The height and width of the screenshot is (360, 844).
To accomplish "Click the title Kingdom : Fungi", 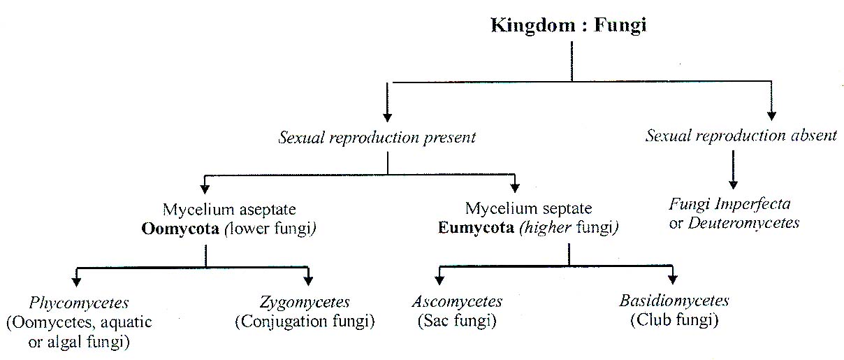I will (x=569, y=26).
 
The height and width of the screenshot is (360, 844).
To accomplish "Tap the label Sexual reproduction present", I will (x=377, y=137).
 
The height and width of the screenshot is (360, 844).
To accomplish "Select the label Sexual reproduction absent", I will (x=741, y=136).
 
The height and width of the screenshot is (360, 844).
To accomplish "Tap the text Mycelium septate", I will (x=528, y=208).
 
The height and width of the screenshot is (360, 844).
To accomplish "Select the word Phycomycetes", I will (x=79, y=303).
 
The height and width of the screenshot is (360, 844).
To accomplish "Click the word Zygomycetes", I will (x=305, y=303).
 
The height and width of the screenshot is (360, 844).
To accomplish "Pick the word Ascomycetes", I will (x=457, y=302).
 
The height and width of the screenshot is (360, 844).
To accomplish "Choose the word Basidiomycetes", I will (x=674, y=301).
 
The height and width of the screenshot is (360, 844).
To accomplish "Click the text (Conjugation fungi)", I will (x=305, y=322).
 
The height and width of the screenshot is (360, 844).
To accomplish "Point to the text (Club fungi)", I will (x=674, y=320).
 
